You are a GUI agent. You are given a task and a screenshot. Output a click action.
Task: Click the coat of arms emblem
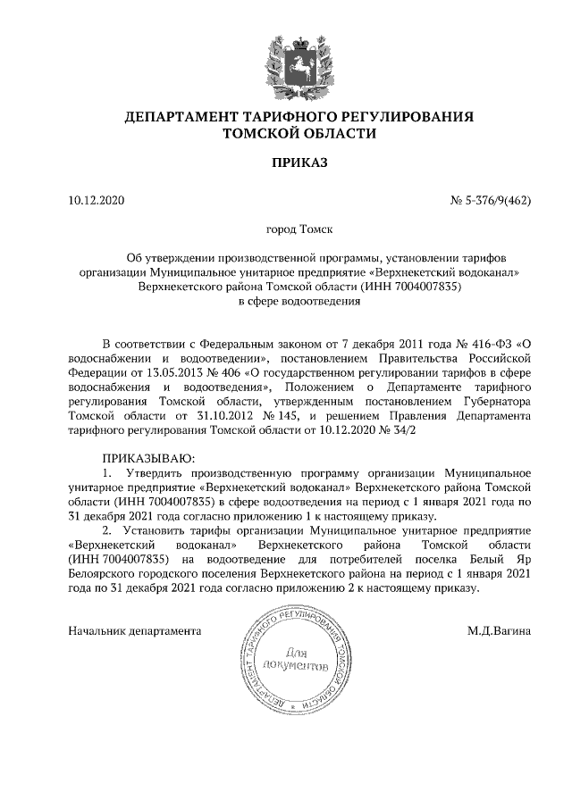click(x=287, y=60)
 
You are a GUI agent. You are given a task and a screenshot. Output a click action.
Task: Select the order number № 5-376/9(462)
click(x=491, y=200)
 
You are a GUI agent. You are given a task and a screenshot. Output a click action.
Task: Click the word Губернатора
click(x=495, y=401)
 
